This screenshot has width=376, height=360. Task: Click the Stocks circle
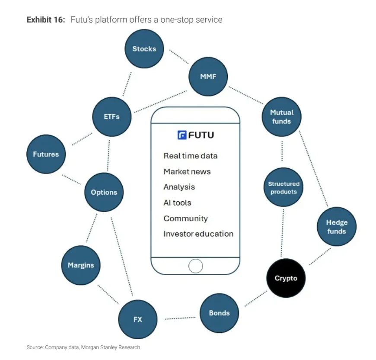point(144,49)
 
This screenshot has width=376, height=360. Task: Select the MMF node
point(208,77)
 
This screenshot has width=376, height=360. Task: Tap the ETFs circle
point(112,117)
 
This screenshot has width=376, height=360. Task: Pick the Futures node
point(46,154)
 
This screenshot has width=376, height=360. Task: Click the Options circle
point(104,192)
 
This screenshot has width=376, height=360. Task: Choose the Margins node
point(81,265)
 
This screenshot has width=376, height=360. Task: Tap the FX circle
point(137,320)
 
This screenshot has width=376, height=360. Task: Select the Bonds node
point(219,313)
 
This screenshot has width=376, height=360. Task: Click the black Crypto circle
point(286,278)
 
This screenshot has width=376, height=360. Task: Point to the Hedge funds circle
point(337,227)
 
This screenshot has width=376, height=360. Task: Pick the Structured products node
point(284,188)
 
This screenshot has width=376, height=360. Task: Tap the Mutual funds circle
point(281,117)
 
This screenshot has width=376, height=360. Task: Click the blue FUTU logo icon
point(182,135)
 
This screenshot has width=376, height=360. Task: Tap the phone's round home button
point(195,266)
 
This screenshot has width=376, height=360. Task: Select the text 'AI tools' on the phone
point(177,202)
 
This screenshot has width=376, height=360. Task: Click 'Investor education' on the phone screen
point(198,234)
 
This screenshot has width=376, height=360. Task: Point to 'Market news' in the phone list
point(187,171)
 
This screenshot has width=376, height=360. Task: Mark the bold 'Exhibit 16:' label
point(46,20)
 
